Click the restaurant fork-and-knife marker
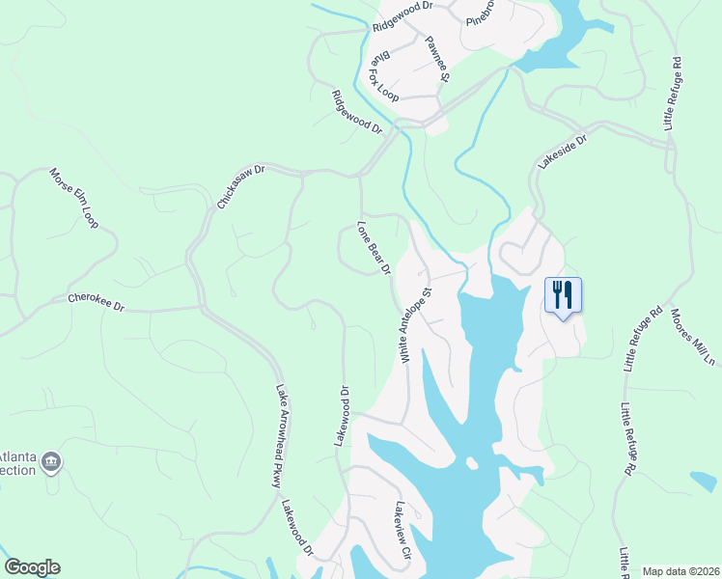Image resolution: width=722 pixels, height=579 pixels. coord(564,293)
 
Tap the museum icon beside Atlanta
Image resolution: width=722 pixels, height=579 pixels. coord(51,463)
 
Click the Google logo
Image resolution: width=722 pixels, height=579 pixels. coord(32,567)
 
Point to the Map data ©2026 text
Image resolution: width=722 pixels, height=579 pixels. coord(681,571)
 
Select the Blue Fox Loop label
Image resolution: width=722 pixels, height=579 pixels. coord(384,77)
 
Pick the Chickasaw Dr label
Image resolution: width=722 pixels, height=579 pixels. coord(241,186)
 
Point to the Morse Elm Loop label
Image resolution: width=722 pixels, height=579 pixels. coord(75,192)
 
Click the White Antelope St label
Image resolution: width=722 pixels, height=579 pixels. coord(416,323)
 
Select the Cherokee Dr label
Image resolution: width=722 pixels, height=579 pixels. coord(97,302)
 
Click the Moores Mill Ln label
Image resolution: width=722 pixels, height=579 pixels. coord(693,337)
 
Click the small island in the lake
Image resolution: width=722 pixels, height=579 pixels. coord(471,463)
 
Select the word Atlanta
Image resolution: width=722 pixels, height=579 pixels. coord(17,458)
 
